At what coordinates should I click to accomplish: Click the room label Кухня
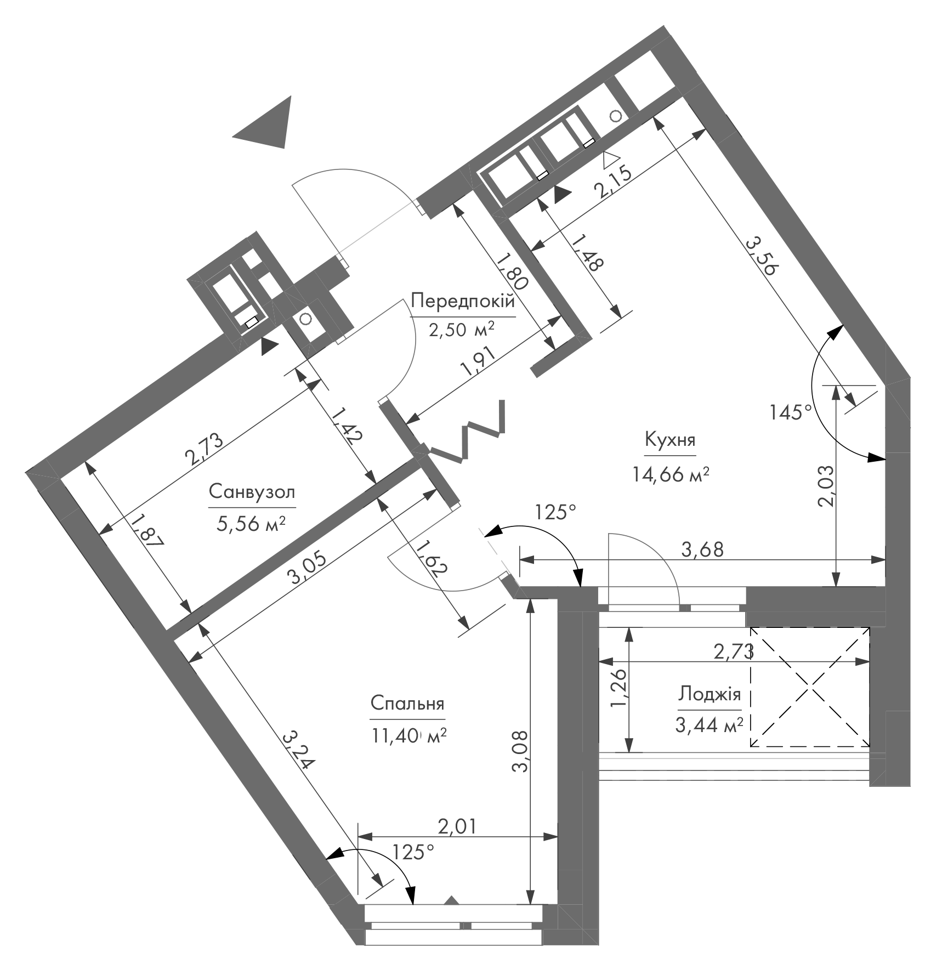[x=670, y=440]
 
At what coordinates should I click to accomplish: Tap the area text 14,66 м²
[x=671, y=473]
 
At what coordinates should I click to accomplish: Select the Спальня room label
[x=407, y=704]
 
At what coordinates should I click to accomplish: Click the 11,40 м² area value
[x=409, y=735]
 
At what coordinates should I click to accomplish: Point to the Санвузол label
[x=252, y=491]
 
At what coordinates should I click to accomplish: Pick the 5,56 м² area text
[x=252, y=524]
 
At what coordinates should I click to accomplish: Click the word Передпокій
[x=463, y=301]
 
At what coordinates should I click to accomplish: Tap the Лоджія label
[x=710, y=694]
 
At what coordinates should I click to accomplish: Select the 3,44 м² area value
[x=709, y=726]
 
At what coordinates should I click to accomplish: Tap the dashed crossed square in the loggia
[x=810, y=687]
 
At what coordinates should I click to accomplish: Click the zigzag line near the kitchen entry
[x=466, y=433]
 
